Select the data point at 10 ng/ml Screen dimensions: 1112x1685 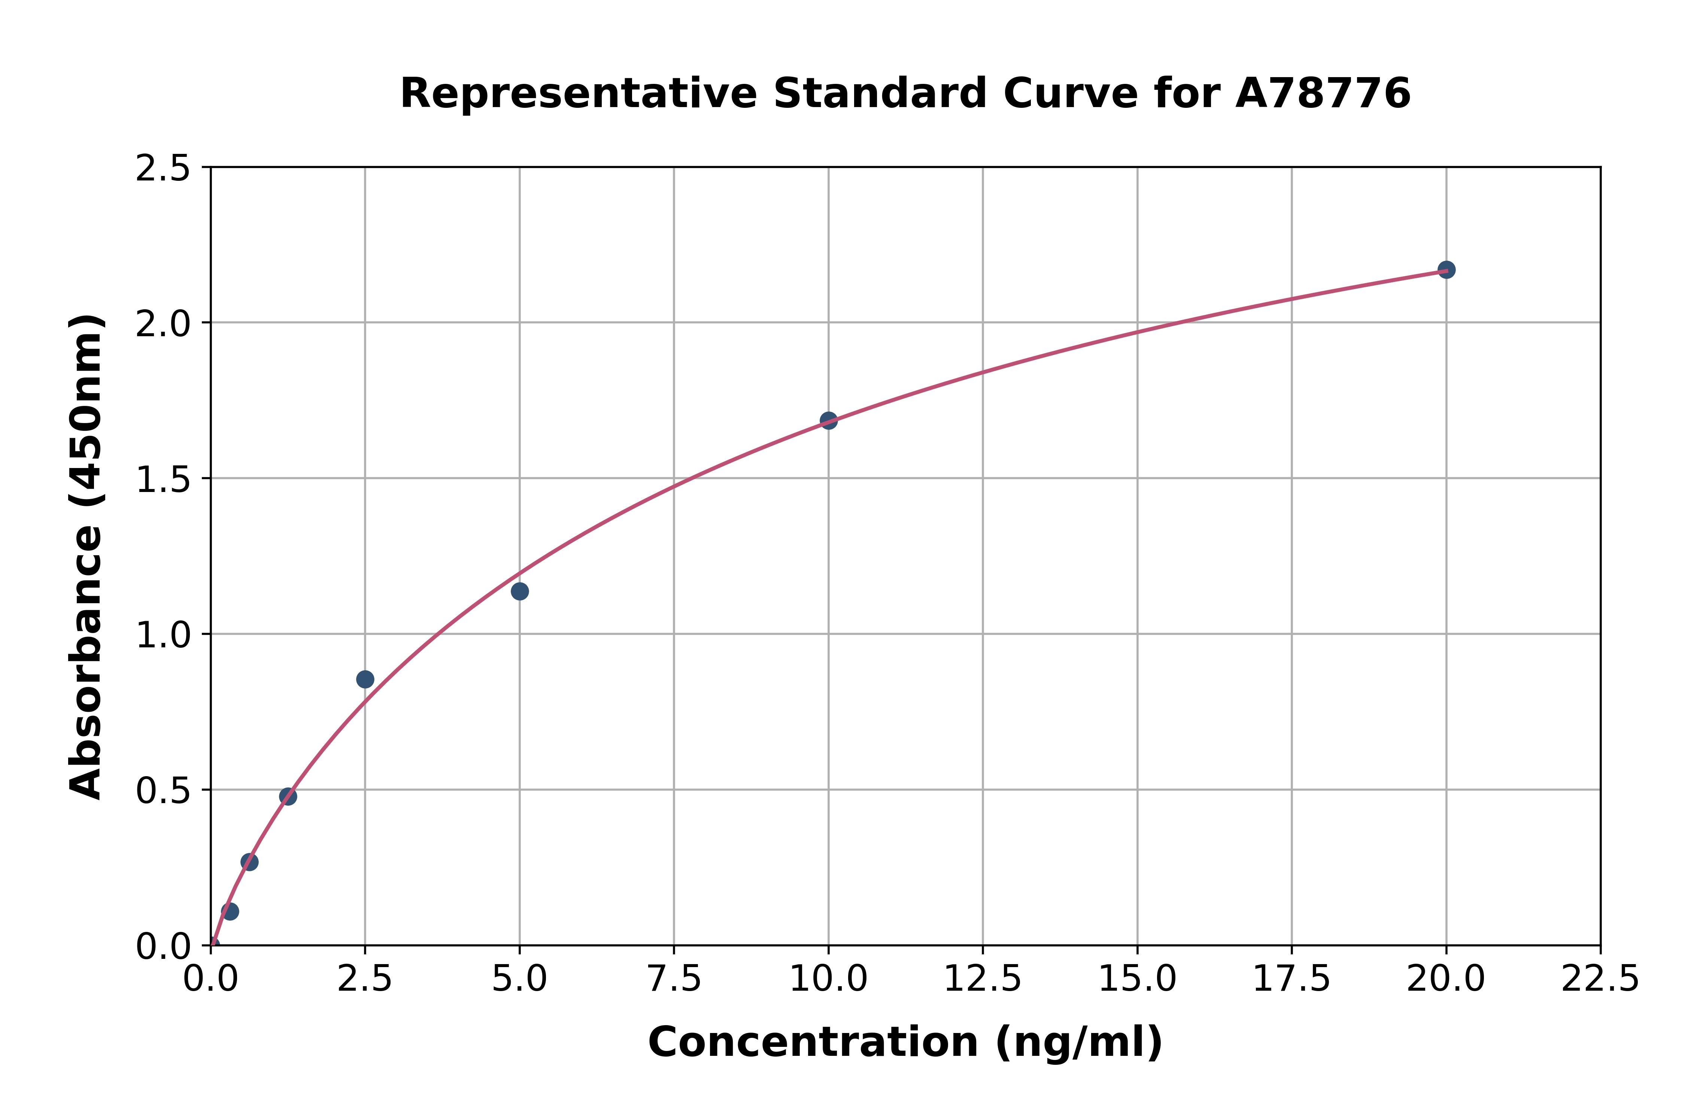coord(828,420)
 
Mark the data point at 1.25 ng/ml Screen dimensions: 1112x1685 coord(288,796)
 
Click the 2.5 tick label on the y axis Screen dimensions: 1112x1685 coord(163,169)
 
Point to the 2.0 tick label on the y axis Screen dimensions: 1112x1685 coord(163,324)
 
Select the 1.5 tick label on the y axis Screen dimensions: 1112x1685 coord(163,480)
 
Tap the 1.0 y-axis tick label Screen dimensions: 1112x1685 coord(163,635)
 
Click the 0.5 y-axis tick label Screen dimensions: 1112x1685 coord(163,791)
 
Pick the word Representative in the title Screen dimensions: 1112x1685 coord(579,94)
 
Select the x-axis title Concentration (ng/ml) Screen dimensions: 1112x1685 coord(905,1042)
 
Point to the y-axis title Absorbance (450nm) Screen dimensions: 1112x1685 coord(86,557)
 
